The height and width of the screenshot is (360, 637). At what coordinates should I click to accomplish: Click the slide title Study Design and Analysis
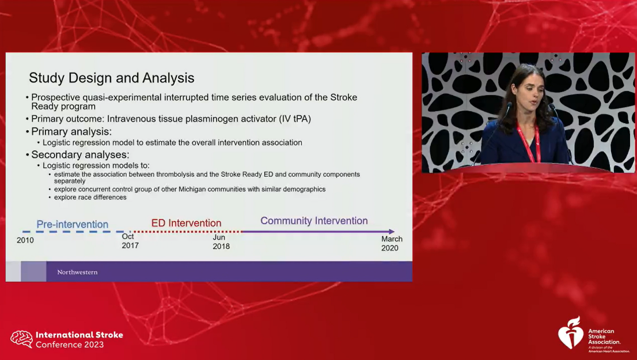[112, 78]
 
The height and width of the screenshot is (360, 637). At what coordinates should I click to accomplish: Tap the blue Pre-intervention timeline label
[73, 224]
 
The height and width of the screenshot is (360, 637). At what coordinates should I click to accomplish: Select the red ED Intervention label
[186, 223]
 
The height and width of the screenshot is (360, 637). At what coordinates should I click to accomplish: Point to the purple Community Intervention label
[314, 221]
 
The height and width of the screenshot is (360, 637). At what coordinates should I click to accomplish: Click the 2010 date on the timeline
[25, 240]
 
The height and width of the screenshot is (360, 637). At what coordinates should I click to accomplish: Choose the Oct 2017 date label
[130, 241]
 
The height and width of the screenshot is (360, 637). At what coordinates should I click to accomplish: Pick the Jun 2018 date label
[221, 242]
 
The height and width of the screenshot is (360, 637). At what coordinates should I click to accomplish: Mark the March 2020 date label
[392, 244]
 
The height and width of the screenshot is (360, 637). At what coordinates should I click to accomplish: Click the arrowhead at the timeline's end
[392, 232]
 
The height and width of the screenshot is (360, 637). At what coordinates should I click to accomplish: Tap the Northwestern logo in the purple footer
[77, 272]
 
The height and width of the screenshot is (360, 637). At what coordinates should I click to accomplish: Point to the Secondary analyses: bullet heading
[80, 155]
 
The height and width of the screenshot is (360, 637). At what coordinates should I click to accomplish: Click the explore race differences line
[90, 198]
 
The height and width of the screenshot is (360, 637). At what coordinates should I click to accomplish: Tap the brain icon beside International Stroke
[21, 339]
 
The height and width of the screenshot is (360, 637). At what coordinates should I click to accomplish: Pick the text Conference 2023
[70, 344]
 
